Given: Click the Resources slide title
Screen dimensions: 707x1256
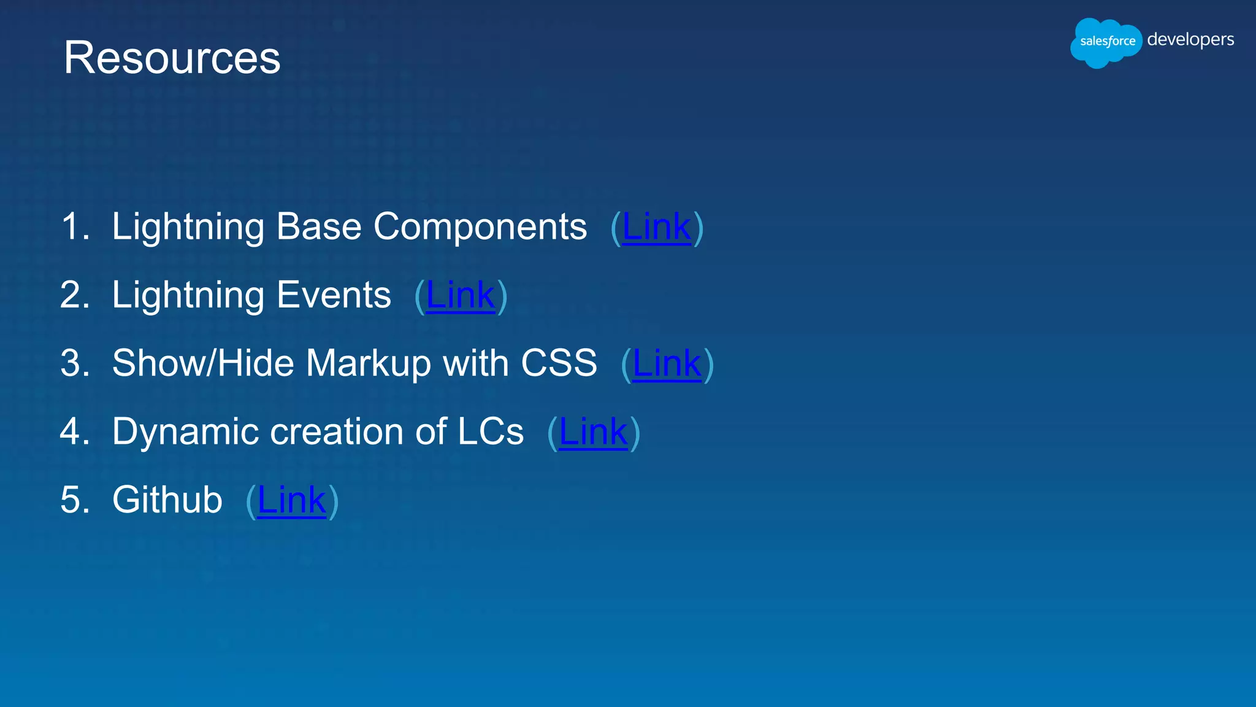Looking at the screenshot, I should [x=172, y=58].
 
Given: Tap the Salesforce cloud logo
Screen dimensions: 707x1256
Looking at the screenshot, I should [x=1106, y=42].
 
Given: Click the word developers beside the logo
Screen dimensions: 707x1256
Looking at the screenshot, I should [x=1190, y=39].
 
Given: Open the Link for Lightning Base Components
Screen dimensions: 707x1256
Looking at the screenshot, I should [x=656, y=227].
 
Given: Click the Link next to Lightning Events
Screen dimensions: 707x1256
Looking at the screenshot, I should [x=460, y=295].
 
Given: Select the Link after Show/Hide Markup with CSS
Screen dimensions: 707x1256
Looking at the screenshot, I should [x=667, y=363].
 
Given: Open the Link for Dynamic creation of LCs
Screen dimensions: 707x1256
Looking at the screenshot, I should [x=593, y=431].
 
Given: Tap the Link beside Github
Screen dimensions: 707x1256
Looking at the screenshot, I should [x=291, y=500].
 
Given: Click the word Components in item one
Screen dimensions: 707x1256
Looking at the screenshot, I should [x=480, y=227].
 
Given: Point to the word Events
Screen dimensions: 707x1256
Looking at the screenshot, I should [x=334, y=295].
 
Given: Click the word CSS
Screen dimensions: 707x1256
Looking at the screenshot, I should [x=559, y=363].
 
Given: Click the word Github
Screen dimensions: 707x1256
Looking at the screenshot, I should [x=167, y=500].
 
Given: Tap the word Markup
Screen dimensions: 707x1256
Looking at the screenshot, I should [x=369, y=363].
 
